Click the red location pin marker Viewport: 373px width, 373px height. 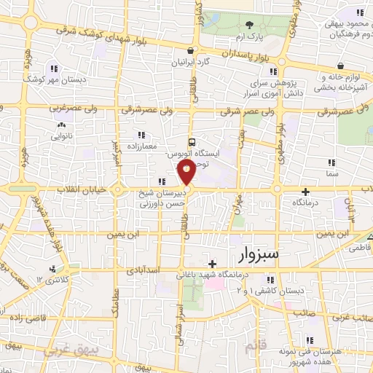click(186, 173)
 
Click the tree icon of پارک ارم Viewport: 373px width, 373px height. click(249, 25)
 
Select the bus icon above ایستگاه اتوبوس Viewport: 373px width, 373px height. click(192, 142)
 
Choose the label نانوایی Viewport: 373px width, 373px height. click(61, 136)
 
